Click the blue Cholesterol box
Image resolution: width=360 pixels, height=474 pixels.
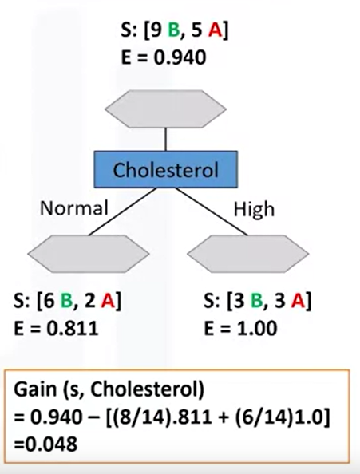click(164, 169)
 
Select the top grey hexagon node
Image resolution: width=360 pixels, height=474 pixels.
click(165, 109)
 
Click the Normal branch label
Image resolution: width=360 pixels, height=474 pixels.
click(73, 209)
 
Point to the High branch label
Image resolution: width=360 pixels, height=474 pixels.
click(253, 209)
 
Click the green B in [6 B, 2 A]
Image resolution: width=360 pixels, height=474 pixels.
click(69, 302)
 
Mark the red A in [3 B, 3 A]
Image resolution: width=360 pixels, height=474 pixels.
click(298, 302)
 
